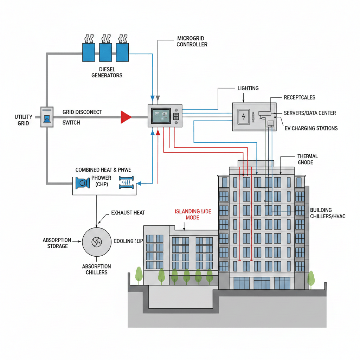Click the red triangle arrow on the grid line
click(x=125, y=117)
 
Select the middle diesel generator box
click(x=105, y=53)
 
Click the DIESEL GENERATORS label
click(x=107, y=72)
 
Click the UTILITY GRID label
click(x=24, y=120)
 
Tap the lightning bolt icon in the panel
click(x=243, y=116)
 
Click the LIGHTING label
click(x=248, y=88)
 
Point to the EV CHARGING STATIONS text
click(x=311, y=128)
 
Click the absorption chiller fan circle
click(x=96, y=242)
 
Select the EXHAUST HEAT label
click(x=128, y=213)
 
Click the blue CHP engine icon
click(x=82, y=183)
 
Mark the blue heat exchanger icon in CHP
click(x=127, y=183)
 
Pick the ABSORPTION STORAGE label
click(x=57, y=243)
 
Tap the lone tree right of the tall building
click(x=311, y=278)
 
